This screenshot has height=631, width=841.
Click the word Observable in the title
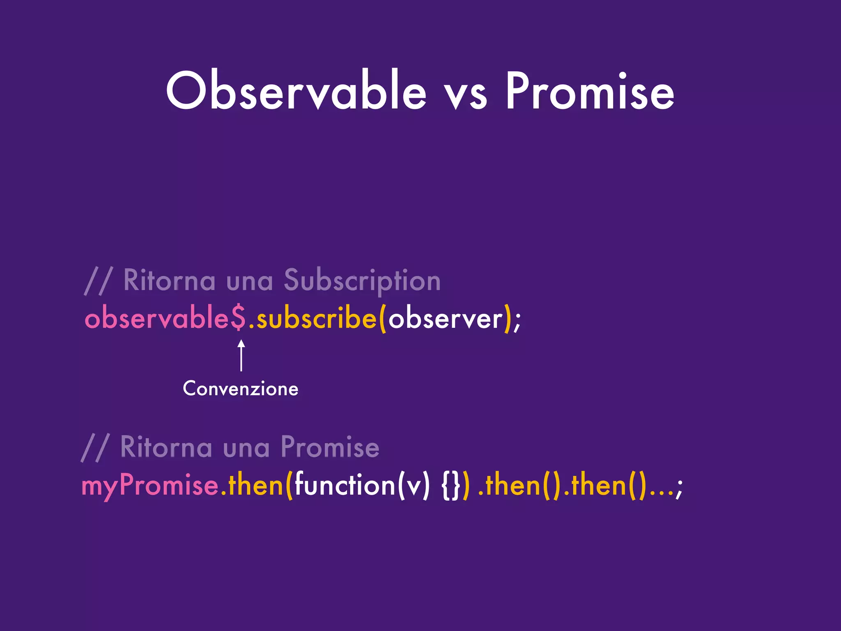tap(296, 91)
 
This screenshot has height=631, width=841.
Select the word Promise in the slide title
tap(590, 91)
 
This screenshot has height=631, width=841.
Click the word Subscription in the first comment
tap(362, 281)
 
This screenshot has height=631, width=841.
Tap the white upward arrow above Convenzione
tap(241, 355)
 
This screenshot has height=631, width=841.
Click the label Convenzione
tap(241, 389)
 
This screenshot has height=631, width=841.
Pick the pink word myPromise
tap(150, 486)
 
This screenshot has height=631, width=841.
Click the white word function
tap(345, 485)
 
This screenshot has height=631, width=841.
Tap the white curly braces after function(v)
tap(450, 486)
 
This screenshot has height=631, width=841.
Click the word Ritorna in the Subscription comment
tap(169, 281)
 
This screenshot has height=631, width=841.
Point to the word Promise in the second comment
tap(330, 447)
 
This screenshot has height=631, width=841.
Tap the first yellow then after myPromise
tap(255, 485)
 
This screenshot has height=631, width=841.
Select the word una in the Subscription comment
tap(250, 282)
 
